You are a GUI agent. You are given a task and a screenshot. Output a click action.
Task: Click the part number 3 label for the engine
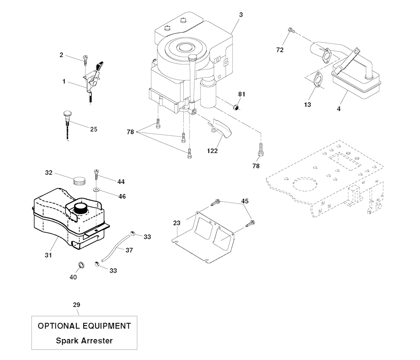pos(241,15)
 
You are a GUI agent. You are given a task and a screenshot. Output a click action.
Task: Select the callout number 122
pos(212,151)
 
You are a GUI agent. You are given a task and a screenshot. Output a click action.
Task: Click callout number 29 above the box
pos(76,305)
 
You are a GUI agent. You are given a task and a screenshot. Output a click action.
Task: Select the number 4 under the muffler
pos(338,109)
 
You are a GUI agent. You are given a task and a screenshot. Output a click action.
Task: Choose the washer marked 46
pos(96,190)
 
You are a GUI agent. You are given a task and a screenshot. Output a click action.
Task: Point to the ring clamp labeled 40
pos(81,264)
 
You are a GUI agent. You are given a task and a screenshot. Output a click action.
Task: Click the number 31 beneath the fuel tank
pos(48,255)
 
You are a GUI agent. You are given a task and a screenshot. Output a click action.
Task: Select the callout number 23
pos(177,223)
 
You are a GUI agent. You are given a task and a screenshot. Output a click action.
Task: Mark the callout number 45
pos(245,201)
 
